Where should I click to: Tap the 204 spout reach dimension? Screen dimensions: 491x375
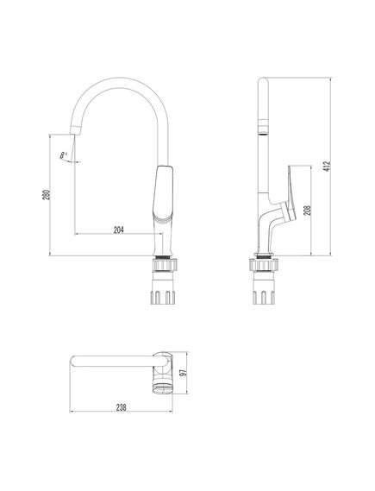118,229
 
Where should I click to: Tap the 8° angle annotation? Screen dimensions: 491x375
63,154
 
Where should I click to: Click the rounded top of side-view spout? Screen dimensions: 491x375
265,83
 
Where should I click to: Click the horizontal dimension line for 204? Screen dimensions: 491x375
118,235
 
